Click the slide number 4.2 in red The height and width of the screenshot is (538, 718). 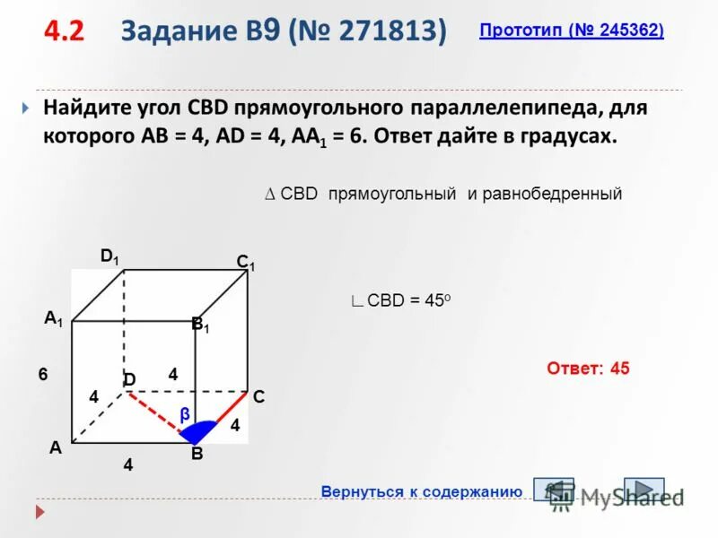pyautogui.click(x=64, y=32)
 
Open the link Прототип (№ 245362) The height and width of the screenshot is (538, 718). pyautogui.click(x=572, y=31)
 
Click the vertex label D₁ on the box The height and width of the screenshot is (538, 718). pyautogui.click(x=109, y=257)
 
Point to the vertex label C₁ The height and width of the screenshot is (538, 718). pyautogui.click(x=245, y=262)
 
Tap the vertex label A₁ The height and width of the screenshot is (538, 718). pyautogui.click(x=53, y=318)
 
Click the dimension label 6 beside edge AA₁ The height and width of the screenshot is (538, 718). pyautogui.click(x=42, y=377)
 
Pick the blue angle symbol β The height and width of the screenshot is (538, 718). pyautogui.click(x=184, y=413)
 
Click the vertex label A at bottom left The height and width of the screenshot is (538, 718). pyautogui.click(x=55, y=448)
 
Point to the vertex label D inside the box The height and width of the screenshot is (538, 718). pyautogui.click(x=129, y=380)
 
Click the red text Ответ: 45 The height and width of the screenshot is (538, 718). pyautogui.click(x=588, y=368)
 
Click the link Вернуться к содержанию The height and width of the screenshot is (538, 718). pyautogui.click(x=421, y=491)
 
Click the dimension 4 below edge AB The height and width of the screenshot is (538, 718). pyautogui.click(x=128, y=465)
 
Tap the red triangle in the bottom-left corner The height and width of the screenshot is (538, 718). pyautogui.click(x=39, y=512)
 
